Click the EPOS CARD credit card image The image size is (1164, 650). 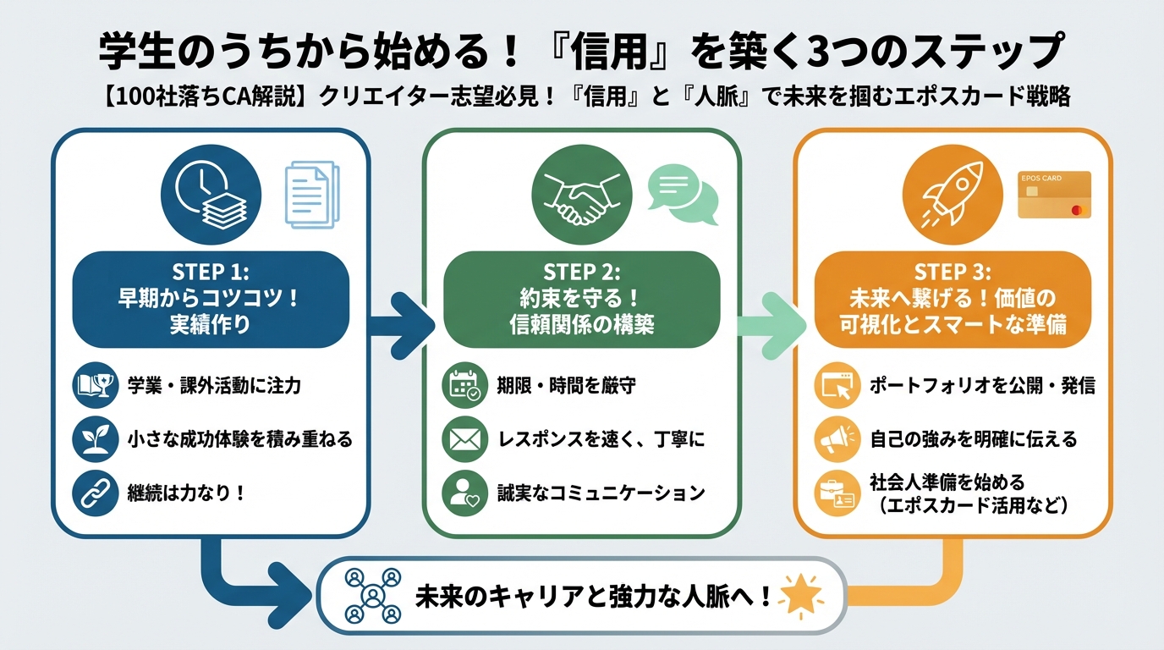1054,196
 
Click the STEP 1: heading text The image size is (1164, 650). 211,272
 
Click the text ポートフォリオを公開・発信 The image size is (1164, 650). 982,386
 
